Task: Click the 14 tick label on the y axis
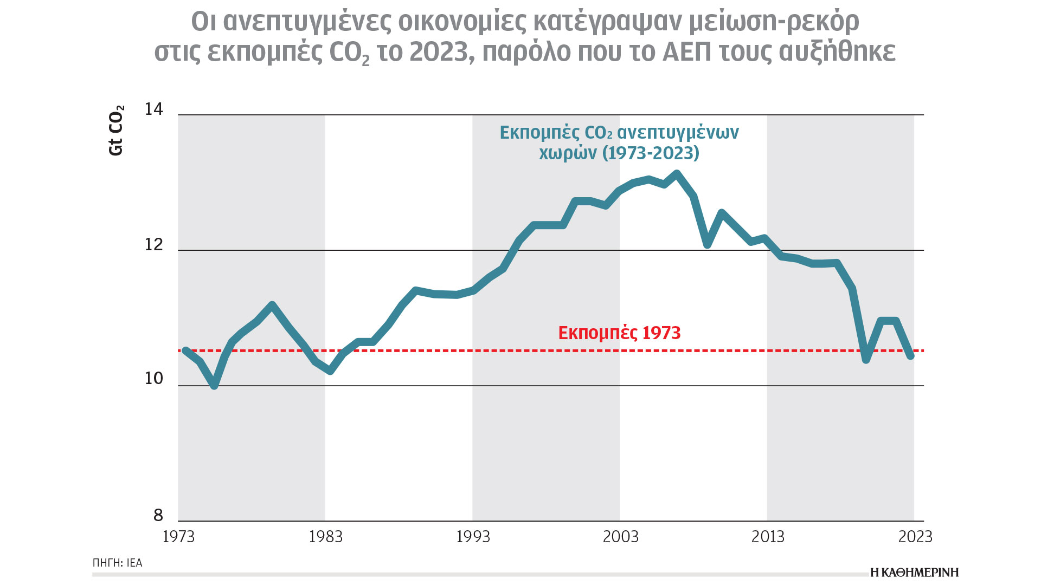153,109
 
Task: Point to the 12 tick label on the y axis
153,245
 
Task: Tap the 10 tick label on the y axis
153,379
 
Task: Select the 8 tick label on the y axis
158,515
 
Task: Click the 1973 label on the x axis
178,537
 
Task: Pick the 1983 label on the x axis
325,537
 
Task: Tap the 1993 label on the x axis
473,537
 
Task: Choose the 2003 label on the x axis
620,537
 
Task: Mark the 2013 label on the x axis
768,537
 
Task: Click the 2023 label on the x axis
915,537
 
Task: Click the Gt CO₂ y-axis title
117,131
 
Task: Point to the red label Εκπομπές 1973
619,333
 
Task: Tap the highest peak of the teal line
677,174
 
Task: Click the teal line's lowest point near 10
214,386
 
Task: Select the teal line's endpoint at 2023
911,355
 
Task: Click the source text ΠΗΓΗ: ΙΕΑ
117,563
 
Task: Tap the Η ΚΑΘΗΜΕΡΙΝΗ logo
914,573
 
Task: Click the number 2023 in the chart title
438,52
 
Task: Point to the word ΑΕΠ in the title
687,52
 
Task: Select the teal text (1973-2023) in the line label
651,153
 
